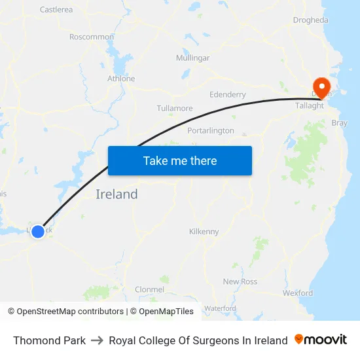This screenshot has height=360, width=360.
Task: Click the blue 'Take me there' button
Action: [x=180, y=161]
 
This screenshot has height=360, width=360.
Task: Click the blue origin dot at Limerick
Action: [x=38, y=231]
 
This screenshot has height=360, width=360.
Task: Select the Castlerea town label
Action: [x=56, y=10]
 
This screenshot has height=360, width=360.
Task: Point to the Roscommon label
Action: [x=92, y=37]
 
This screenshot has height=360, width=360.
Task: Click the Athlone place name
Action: [x=121, y=79]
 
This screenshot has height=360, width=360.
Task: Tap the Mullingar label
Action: [x=192, y=58]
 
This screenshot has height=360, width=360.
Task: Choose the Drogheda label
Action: [x=311, y=20]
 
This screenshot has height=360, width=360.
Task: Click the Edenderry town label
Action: [x=227, y=94]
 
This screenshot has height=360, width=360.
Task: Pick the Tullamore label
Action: [x=175, y=108]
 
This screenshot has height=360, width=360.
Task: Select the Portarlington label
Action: [x=211, y=130]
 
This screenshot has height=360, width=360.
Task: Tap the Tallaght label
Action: [x=310, y=105]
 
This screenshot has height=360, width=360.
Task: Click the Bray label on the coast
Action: [x=340, y=123]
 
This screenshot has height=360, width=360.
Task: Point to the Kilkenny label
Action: [x=204, y=232]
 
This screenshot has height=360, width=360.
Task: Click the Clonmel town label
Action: [x=149, y=289]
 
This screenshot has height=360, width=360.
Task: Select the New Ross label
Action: [x=240, y=281]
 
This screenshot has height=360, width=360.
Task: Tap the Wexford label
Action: [x=298, y=293]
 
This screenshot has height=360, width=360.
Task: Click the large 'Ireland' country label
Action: [x=117, y=194]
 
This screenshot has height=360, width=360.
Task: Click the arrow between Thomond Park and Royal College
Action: [x=98, y=340]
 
